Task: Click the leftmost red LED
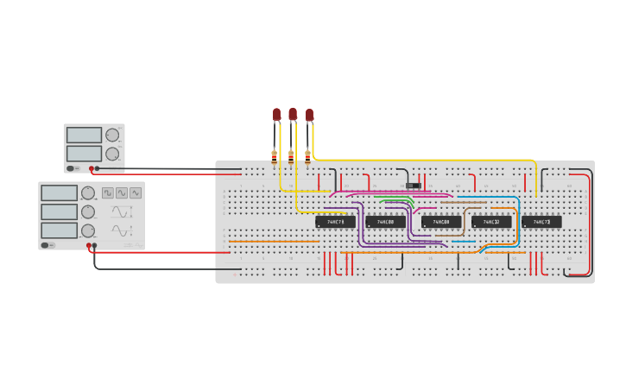point(276,114)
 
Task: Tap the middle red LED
point(293,114)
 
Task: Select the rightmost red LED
point(309,114)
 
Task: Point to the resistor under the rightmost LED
point(307,156)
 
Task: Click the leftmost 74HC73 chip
point(335,222)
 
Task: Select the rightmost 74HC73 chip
point(541,222)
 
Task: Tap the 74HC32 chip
point(490,222)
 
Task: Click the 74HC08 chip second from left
point(385,222)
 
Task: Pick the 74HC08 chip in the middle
point(440,222)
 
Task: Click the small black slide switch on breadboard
point(414,185)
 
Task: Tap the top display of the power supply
point(84,135)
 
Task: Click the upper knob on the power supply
point(112,135)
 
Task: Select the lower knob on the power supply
point(112,154)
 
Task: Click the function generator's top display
point(59,192)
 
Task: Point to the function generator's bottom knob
point(87,230)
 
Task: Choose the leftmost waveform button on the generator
point(108,192)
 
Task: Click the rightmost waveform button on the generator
point(136,192)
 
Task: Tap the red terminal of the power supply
point(91,168)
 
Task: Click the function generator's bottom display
point(59,230)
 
